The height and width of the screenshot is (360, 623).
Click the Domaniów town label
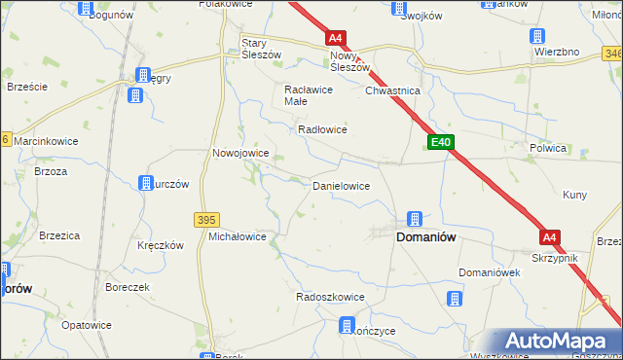pos(425,236)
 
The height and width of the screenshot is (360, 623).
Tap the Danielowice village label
pos(340,185)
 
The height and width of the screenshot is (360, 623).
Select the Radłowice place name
pos(322,129)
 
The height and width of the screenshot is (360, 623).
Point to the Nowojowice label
pos(240,153)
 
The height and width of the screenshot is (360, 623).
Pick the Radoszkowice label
pos(330,297)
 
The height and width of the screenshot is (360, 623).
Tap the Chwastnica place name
pos(391,90)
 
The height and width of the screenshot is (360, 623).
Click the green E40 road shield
pos(441,142)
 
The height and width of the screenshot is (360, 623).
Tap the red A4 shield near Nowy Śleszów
pos(335,38)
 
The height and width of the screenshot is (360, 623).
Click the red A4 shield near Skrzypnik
pos(550,236)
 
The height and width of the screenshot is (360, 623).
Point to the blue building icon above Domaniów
pos(414,219)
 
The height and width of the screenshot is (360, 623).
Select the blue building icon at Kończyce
pos(346,325)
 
